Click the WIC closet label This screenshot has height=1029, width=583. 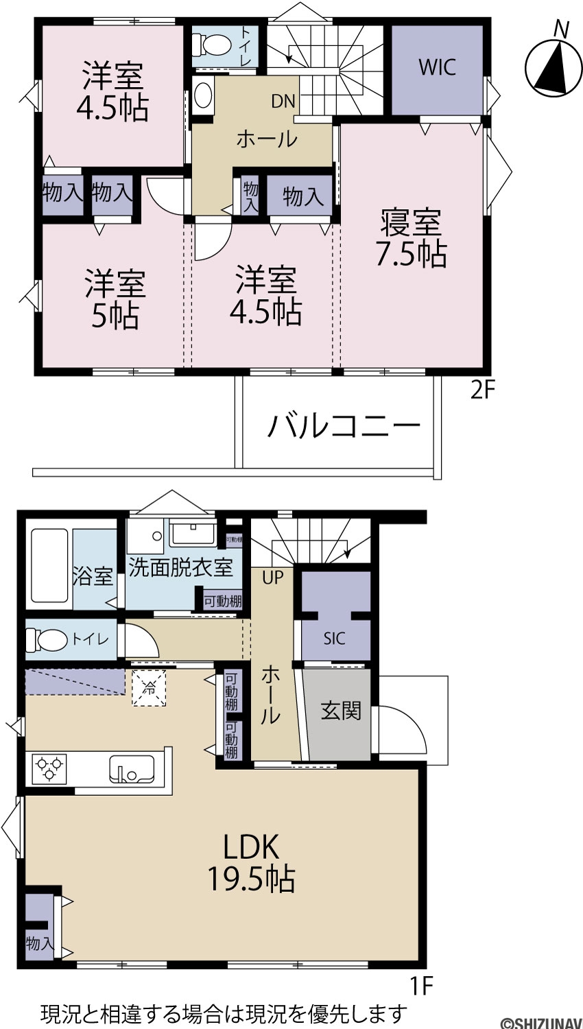[x=437, y=67]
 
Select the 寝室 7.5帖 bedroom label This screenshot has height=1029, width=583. [x=412, y=237]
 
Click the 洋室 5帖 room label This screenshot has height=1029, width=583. [x=115, y=300]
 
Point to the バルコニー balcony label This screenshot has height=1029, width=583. [x=344, y=425]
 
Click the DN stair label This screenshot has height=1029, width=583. [x=283, y=101]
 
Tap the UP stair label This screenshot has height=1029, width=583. [x=273, y=578]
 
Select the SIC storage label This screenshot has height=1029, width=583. [x=335, y=639]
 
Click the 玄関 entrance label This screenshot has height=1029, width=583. [x=341, y=711]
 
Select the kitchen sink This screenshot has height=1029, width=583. [x=132, y=769]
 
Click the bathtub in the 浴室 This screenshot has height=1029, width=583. [x=49, y=569]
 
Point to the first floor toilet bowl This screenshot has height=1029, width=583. [x=47, y=639]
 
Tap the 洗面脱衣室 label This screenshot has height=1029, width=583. [x=181, y=568]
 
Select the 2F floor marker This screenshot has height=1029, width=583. [x=482, y=391]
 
